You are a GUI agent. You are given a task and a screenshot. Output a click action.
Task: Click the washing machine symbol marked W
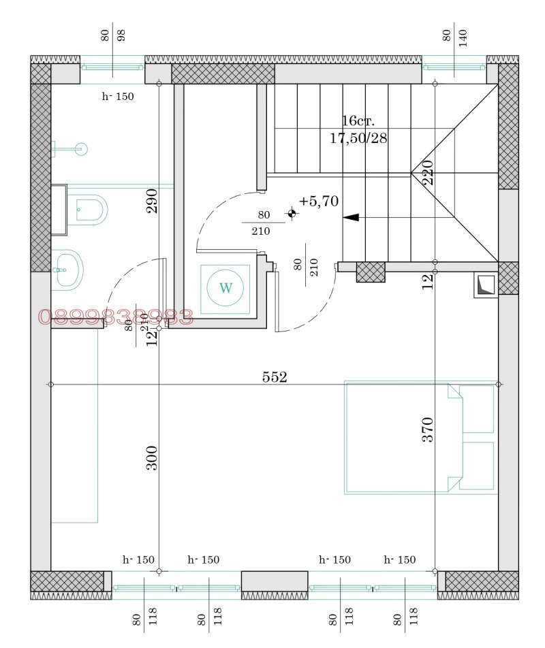(x=225, y=288)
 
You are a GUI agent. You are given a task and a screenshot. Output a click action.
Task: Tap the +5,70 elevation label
(x=319, y=201)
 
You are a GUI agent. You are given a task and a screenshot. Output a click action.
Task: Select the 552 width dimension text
(x=275, y=377)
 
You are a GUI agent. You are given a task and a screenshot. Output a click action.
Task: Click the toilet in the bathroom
(x=89, y=210)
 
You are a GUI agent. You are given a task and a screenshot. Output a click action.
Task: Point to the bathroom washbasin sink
(x=67, y=270)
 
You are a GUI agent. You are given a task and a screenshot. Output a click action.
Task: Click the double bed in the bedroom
(x=420, y=436)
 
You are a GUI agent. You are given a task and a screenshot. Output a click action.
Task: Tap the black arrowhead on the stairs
(x=351, y=218)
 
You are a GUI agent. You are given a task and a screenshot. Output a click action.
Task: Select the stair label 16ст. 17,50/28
(x=358, y=129)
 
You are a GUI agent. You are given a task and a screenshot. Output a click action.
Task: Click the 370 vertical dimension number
(x=428, y=430)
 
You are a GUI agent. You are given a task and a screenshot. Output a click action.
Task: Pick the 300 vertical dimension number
(x=152, y=458)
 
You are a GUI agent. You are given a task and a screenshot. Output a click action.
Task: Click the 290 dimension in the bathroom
(x=152, y=201)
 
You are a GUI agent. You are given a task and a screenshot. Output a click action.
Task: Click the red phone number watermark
(x=116, y=317)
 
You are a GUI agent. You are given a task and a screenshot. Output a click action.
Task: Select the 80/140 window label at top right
(x=455, y=37)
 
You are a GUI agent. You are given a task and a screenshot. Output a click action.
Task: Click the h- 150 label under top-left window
(x=118, y=97)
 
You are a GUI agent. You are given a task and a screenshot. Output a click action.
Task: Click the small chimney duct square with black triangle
(x=485, y=285)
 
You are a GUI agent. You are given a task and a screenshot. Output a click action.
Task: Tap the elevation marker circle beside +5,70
(x=292, y=214)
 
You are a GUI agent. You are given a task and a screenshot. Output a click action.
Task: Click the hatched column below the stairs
(x=371, y=272)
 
